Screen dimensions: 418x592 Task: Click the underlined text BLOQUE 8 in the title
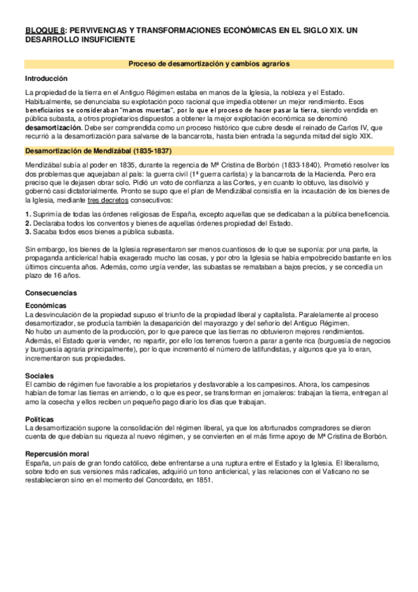(45, 31)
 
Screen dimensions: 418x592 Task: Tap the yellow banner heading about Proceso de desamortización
(209, 64)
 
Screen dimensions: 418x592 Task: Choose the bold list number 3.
(27, 251)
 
